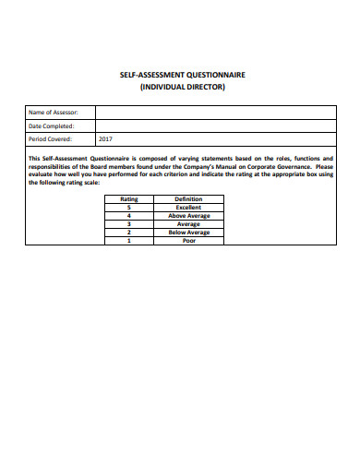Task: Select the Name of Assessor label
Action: tap(53, 113)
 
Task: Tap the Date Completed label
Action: tap(52, 125)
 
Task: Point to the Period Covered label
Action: tap(52, 139)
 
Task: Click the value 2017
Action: tap(104, 139)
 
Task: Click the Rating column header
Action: tap(129, 198)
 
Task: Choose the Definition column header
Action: tap(188, 198)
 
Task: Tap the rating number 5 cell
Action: tap(129, 207)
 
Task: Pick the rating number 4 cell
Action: tap(129, 215)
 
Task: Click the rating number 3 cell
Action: tap(129, 223)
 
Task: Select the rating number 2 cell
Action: tap(129, 232)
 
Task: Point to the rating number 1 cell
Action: tap(129, 240)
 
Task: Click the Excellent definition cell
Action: tap(188, 207)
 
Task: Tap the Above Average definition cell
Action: tap(188, 215)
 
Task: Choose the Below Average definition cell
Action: tap(188, 232)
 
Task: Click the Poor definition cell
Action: tap(188, 240)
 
